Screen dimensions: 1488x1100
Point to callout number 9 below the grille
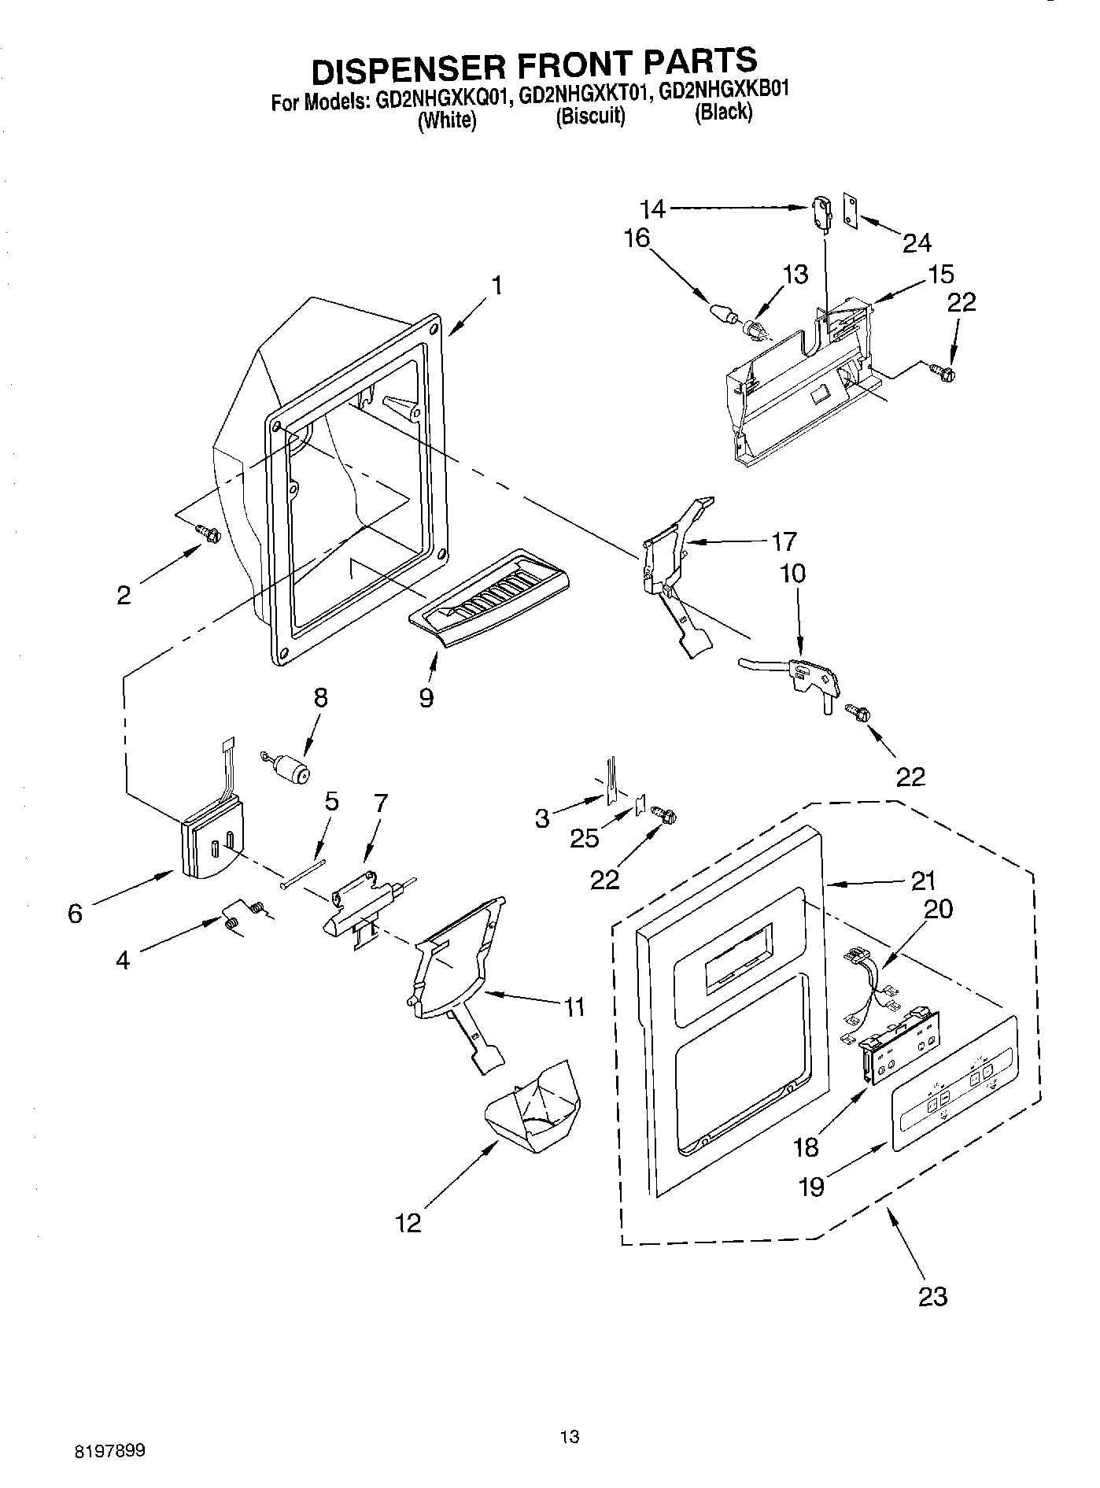click(x=426, y=696)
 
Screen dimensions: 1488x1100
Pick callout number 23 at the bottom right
click(x=932, y=1294)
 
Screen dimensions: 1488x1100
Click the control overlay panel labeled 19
click(x=954, y=1082)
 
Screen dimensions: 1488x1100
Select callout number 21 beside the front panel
click(x=922, y=880)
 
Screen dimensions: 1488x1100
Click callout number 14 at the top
click(x=652, y=209)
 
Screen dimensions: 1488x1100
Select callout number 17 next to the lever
click(x=784, y=541)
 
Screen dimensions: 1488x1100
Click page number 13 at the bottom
click(x=570, y=1437)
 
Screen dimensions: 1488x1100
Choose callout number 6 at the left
click(x=76, y=913)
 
